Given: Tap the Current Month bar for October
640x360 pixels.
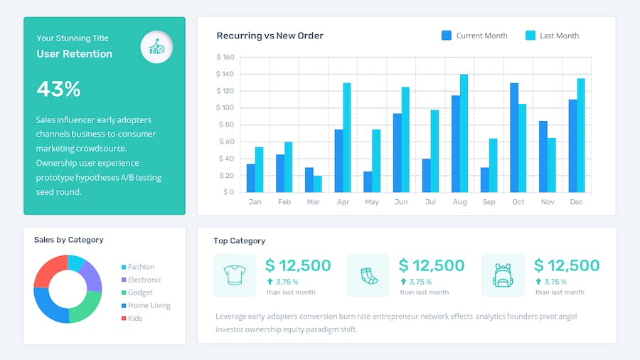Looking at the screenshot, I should coord(513,137).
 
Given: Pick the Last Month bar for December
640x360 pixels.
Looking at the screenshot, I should coord(580,135).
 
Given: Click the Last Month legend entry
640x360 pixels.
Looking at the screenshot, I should coord(552,36).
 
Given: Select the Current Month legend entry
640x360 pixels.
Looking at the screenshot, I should coord(474,36).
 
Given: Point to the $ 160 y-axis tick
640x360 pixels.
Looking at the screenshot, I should coord(225,57).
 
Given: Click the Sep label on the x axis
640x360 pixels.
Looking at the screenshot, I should coord(489,202).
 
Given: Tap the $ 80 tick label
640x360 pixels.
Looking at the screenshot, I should coord(225,125).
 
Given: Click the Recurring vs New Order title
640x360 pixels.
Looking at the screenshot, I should coord(270,36).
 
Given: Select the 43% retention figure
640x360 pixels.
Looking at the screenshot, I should coord(58,89).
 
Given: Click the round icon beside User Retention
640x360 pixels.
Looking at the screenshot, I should coord(156,47).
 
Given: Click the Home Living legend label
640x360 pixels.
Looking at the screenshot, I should coord(149,305).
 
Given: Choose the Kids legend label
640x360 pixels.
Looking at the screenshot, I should coord(134,318).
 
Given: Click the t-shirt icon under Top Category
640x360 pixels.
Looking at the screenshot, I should coord(234,275).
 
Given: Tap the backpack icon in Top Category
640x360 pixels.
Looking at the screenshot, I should coord(503,275).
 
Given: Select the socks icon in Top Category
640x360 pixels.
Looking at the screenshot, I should coord(368,275).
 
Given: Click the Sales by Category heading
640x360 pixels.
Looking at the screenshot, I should coord(68,240).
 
